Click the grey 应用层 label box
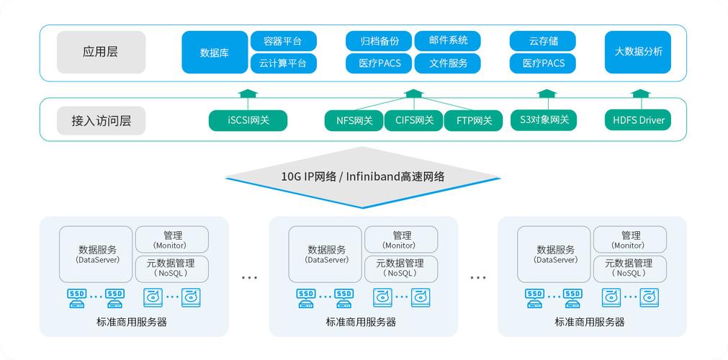pos(101,52)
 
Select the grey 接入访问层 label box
pos(101,120)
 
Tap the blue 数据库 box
pos(215,52)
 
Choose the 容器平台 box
pos(283,40)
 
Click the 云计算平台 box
pos(283,63)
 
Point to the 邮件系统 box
pos(447,40)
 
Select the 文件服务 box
pos(447,63)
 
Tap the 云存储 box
pos(542,40)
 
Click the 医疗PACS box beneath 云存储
pos(542,63)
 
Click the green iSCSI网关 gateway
pos(248,120)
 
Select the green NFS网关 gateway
pos(354,120)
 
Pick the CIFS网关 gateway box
pos(414,120)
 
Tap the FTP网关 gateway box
pos(473,120)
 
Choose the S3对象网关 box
pos(544,120)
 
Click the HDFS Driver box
pos(638,120)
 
